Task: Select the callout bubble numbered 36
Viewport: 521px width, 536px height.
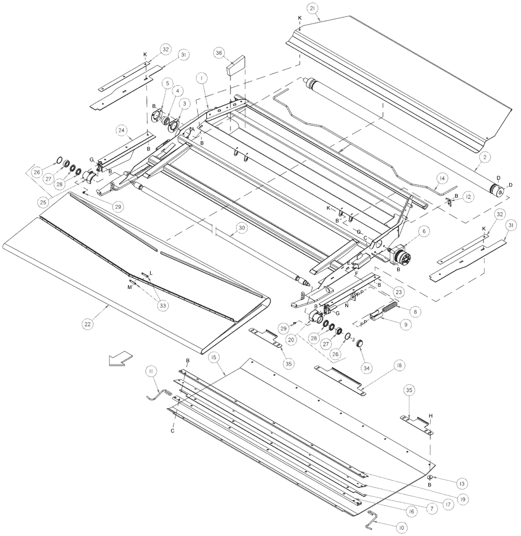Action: [x=219, y=53]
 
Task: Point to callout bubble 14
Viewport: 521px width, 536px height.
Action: [x=441, y=178]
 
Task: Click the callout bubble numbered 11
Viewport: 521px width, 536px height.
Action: [x=153, y=371]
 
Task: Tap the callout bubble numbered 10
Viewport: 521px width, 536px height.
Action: [x=399, y=528]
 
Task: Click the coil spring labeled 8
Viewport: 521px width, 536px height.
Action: [x=390, y=307]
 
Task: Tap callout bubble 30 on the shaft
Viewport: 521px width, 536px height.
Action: [x=242, y=228]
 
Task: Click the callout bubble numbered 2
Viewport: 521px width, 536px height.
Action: [x=485, y=157]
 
